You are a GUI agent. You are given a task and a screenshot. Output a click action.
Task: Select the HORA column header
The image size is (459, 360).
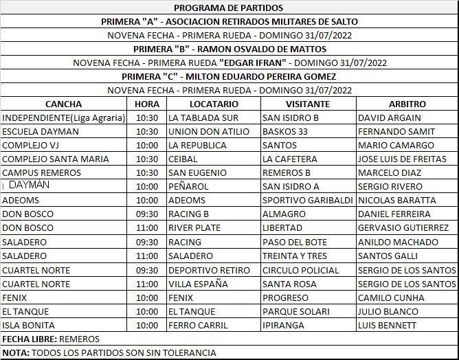pyautogui.click(x=147, y=104)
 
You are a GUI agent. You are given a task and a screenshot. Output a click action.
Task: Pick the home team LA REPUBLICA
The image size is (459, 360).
pyautogui.click(x=197, y=145)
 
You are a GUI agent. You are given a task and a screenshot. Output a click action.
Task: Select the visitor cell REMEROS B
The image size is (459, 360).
pyautogui.click(x=287, y=172)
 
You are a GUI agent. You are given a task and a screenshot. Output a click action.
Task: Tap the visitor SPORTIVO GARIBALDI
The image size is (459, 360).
pyautogui.click(x=307, y=201)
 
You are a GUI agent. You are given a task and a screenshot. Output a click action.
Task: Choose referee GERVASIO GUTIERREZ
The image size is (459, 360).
pyautogui.click(x=403, y=228)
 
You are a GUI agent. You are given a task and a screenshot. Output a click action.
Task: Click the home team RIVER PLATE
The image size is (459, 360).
pyautogui.click(x=194, y=228)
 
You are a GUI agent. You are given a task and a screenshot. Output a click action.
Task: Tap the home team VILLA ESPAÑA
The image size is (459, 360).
pyautogui.click(x=198, y=284)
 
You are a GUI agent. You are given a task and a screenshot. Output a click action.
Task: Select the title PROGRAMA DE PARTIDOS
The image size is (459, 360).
pyautogui.click(x=229, y=8)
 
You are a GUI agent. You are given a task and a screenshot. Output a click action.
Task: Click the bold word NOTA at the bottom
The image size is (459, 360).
pyautogui.click(x=14, y=353)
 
